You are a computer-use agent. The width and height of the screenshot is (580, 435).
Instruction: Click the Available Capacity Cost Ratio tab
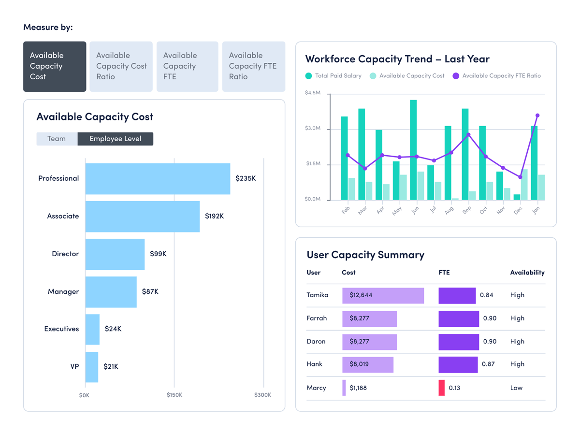[121, 66]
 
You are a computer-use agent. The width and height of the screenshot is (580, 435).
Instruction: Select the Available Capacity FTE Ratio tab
[253, 66]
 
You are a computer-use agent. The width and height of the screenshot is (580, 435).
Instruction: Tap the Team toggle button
[57, 139]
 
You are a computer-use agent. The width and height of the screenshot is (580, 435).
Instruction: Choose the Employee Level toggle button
[115, 139]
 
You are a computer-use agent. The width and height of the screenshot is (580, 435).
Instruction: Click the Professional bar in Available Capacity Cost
[158, 179]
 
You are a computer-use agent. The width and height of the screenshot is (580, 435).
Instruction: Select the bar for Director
[115, 254]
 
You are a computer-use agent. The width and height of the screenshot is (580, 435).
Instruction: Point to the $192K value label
[214, 216]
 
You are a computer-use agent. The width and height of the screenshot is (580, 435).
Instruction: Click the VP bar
[92, 367]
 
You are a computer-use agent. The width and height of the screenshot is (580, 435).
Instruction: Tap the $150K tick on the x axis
[174, 395]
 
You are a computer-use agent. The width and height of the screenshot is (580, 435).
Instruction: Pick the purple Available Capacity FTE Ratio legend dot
[456, 76]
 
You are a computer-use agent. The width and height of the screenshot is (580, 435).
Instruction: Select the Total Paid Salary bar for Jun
[413, 150]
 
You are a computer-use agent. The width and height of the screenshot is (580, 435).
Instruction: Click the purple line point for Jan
[537, 116]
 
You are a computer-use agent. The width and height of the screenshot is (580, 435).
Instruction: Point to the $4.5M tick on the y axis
[312, 93]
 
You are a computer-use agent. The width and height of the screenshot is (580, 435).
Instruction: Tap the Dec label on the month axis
[518, 211]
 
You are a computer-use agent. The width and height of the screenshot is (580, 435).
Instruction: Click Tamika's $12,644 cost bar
[383, 296]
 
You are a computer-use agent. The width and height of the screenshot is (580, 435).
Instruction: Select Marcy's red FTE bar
[441, 388]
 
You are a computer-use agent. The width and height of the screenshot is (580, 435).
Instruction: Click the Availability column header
[527, 273]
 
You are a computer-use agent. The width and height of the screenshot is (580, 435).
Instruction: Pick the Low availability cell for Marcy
[516, 388]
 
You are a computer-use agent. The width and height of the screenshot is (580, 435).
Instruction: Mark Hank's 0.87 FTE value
[488, 364]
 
